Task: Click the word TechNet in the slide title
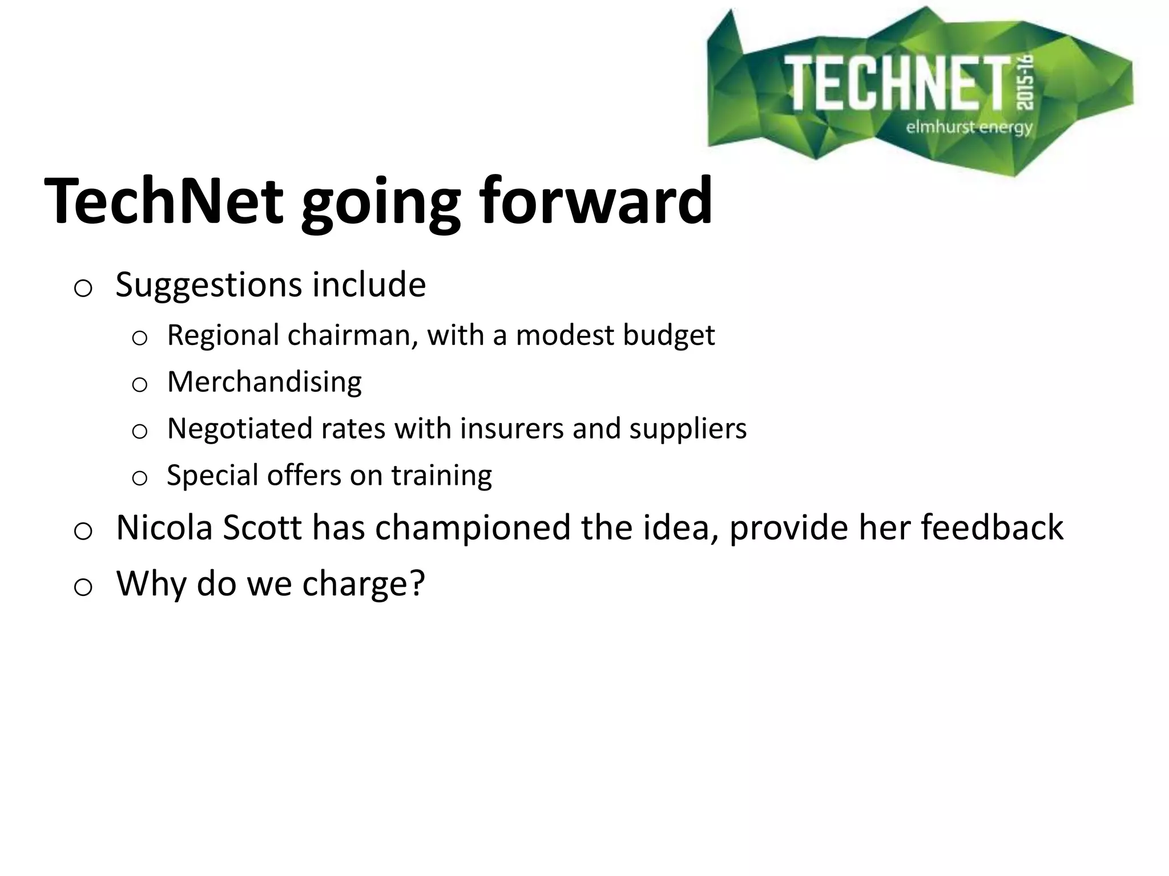click(164, 201)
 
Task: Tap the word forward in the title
click(595, 201)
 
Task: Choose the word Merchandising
click(264, 382)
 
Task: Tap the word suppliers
click(688, 428)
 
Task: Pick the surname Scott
click(262, 528)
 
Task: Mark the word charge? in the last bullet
click(364, 583)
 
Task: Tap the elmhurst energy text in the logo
click(969, 127)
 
